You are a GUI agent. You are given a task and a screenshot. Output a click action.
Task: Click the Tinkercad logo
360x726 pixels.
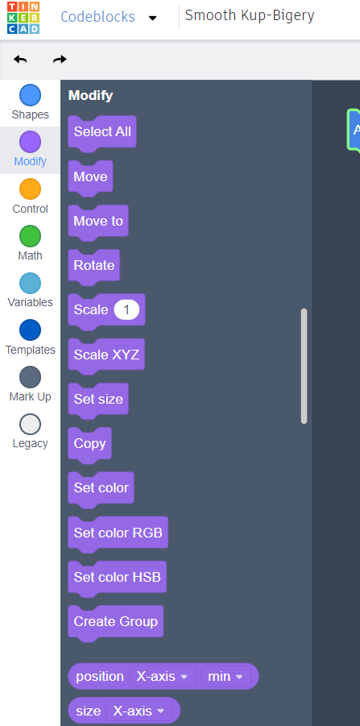(23, 18)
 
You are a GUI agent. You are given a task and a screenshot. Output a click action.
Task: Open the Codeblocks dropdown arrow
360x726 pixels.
(153, 18)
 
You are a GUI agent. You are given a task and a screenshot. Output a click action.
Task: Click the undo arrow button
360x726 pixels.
(20, 60)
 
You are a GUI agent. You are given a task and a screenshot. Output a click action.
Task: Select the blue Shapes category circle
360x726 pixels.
(30, 95)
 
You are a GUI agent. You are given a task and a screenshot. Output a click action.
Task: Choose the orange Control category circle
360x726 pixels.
(30, 189)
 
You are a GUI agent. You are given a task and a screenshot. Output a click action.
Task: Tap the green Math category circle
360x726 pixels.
(30, 236)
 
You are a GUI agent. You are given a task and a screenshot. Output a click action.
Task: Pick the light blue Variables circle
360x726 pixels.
(30, 284)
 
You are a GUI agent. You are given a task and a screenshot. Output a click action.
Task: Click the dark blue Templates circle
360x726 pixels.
(30, 330)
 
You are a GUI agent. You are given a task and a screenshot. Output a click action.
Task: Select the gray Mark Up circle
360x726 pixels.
(30, 377)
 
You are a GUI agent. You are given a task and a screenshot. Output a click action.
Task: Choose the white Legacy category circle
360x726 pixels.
(30, 425)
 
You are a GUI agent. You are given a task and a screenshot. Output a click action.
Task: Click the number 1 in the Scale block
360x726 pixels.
(126, 309)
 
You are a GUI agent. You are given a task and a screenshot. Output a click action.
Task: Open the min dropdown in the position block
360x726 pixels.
(226, 677)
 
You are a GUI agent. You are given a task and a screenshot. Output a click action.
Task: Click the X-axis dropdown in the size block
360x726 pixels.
(139, 711)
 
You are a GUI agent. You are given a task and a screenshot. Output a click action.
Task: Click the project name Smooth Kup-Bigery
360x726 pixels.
(250, 16)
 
